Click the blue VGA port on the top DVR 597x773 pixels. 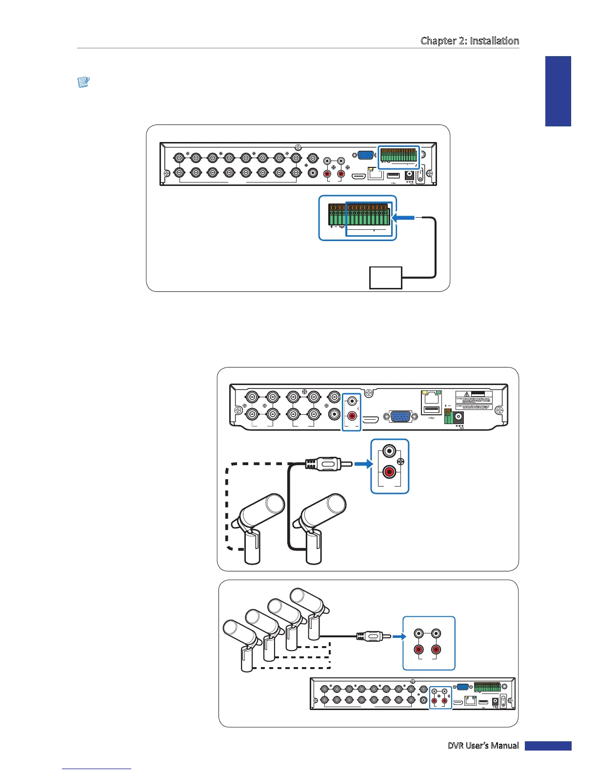(x=365, y=155)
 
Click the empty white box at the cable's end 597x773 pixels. (x=386, y=278)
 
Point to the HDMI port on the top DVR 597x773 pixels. (x=359, y=174)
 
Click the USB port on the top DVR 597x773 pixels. (x=394, y=174)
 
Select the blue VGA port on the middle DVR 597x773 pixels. (x=400, y=417)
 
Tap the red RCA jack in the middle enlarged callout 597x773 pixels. (x=389, y=472)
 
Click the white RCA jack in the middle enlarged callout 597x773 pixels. (x=389, y=451)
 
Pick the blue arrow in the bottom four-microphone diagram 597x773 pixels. (x=399, y=636)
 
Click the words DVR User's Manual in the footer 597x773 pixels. (x=483, y=746)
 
